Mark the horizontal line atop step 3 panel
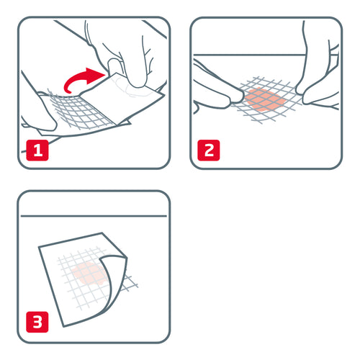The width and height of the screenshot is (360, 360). (94, 217)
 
